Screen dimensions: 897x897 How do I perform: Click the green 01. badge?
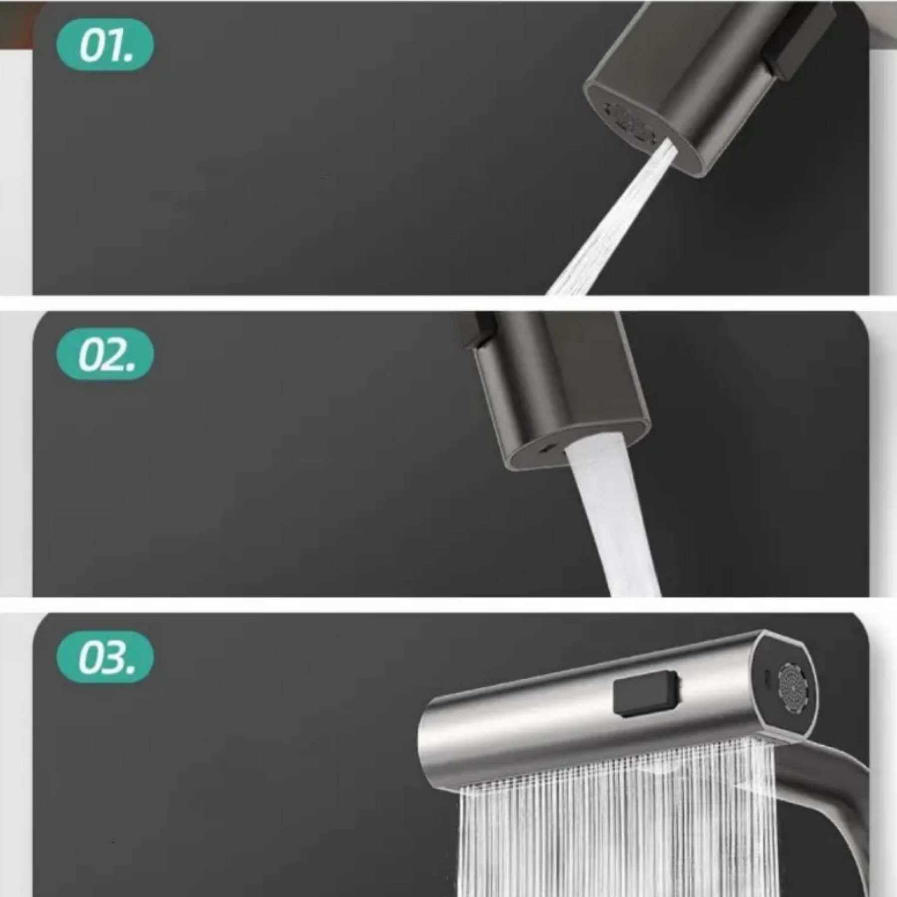(x=105, y=45)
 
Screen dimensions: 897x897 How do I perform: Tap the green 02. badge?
(x=105, y=354)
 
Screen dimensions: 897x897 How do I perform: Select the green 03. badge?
(x=105, y=657)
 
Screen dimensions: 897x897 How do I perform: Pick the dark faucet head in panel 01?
(x=708, y=85)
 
